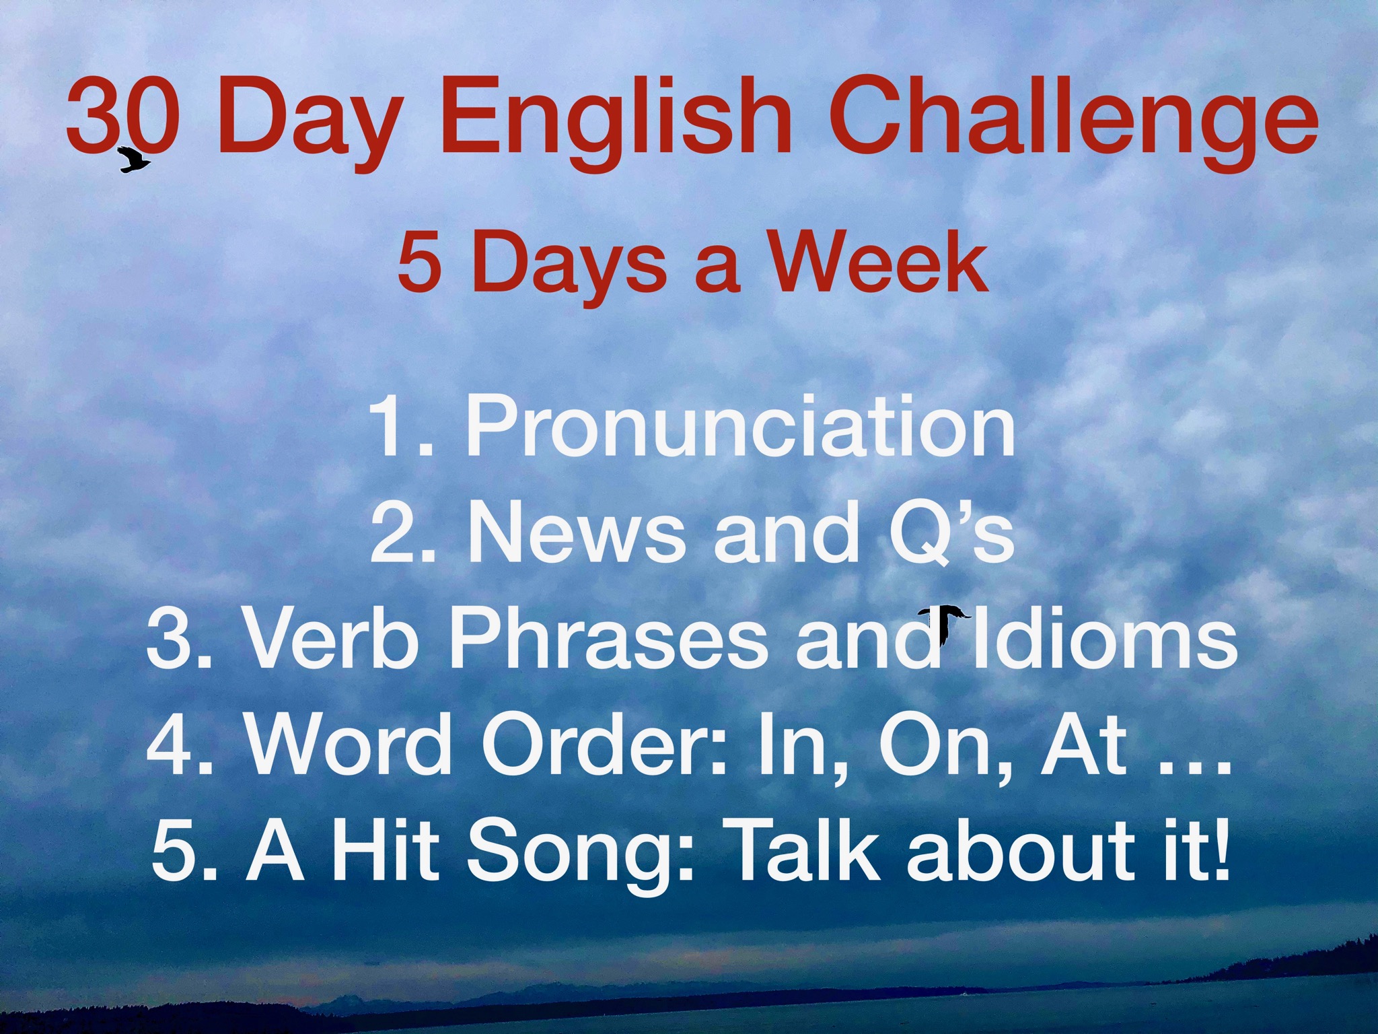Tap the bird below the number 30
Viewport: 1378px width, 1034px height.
point(133,160)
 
